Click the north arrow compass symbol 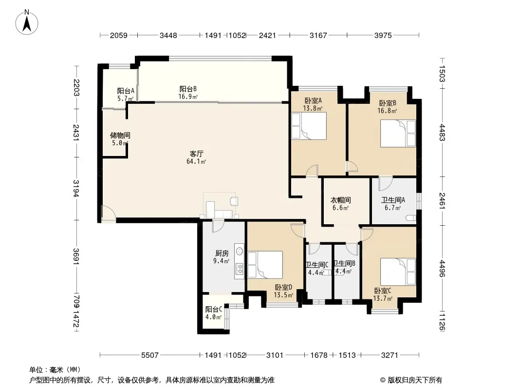(27, 22)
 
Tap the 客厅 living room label (197, 154)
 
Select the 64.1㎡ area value (196, 162)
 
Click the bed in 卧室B (398, 133)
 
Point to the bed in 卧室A (309, 126)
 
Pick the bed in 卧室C (398, 272)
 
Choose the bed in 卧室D (265, 265)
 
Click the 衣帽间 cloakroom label (341, 200)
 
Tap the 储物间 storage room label (120, 135)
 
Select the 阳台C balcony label (214, 310)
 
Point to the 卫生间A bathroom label (393, 200)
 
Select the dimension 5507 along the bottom (150, 355)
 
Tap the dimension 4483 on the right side (442, 132)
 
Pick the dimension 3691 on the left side (76, 256)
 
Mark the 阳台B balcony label (188, 89)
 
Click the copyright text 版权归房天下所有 (415, 380)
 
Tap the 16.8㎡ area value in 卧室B (387, 111)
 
